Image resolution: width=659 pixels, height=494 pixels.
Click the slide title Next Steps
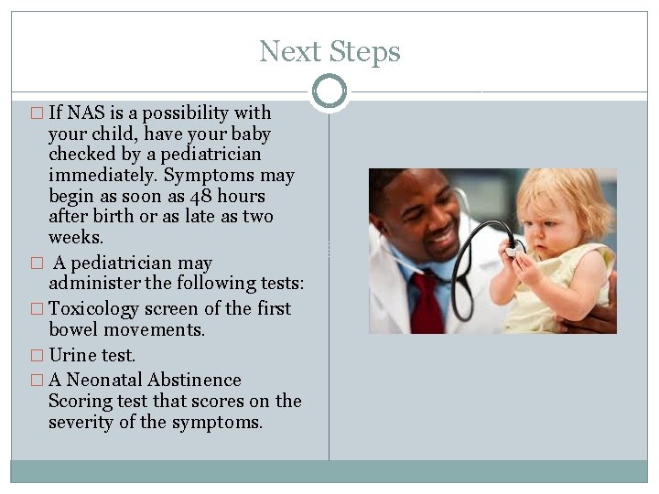tap(329, 51)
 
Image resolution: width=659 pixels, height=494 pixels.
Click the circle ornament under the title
tap(329, 91)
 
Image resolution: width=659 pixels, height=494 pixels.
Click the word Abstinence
tap(199, 380)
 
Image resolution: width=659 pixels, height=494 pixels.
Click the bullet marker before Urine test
tap(37, 356)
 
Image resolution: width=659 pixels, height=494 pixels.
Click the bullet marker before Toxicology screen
tap(37, 309)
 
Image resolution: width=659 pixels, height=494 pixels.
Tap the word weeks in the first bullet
tap(75, 237)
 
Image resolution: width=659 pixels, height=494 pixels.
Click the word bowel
tap(73, 329)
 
